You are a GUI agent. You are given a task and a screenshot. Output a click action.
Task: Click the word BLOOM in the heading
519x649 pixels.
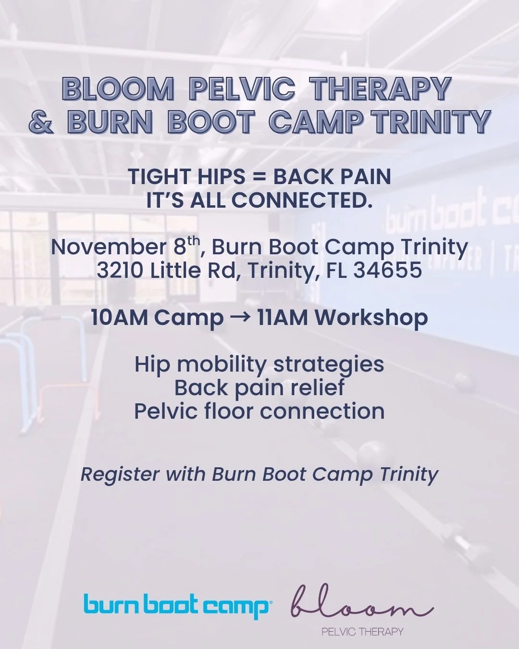118,89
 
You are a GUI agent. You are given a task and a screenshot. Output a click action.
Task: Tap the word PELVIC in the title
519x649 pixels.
242,89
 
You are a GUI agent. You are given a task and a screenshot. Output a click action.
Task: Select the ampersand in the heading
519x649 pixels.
41,123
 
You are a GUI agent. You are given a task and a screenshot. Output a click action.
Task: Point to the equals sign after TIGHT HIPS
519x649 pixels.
259,177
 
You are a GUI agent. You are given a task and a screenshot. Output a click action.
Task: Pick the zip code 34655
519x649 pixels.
387,271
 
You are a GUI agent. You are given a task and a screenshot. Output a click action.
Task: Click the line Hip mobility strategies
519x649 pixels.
259,364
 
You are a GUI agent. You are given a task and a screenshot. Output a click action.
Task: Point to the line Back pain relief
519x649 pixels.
259,387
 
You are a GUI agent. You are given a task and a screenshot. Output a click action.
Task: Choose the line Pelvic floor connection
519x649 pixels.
259,412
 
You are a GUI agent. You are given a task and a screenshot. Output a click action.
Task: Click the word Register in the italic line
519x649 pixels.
120,474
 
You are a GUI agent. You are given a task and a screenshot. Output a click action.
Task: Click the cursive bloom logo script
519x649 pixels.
361,603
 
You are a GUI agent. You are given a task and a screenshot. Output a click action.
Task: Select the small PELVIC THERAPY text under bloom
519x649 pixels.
362,631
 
